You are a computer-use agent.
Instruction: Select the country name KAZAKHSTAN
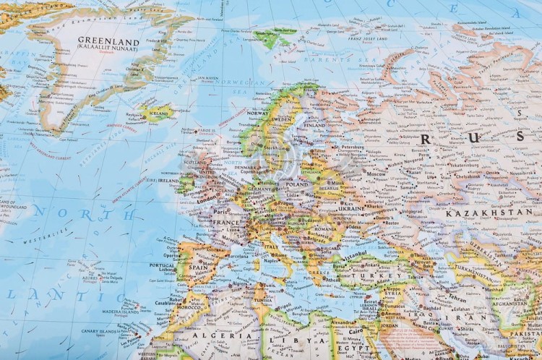(489, 213)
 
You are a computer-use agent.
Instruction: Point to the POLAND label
(296, 184)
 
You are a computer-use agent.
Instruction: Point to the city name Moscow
(376, 174)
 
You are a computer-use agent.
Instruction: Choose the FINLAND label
(315, 125)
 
